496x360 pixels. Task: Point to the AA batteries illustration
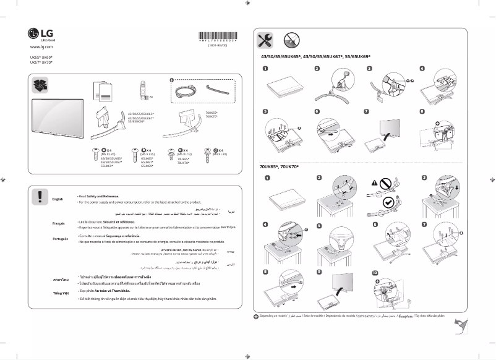(144, 90)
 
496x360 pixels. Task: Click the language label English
(58, 199)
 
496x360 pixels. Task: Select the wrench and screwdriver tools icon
(265, 41)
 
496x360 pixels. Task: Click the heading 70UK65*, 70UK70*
(279, 168)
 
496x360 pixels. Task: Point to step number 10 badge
(375, 273)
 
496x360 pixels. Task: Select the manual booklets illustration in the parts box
(102, 91)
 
